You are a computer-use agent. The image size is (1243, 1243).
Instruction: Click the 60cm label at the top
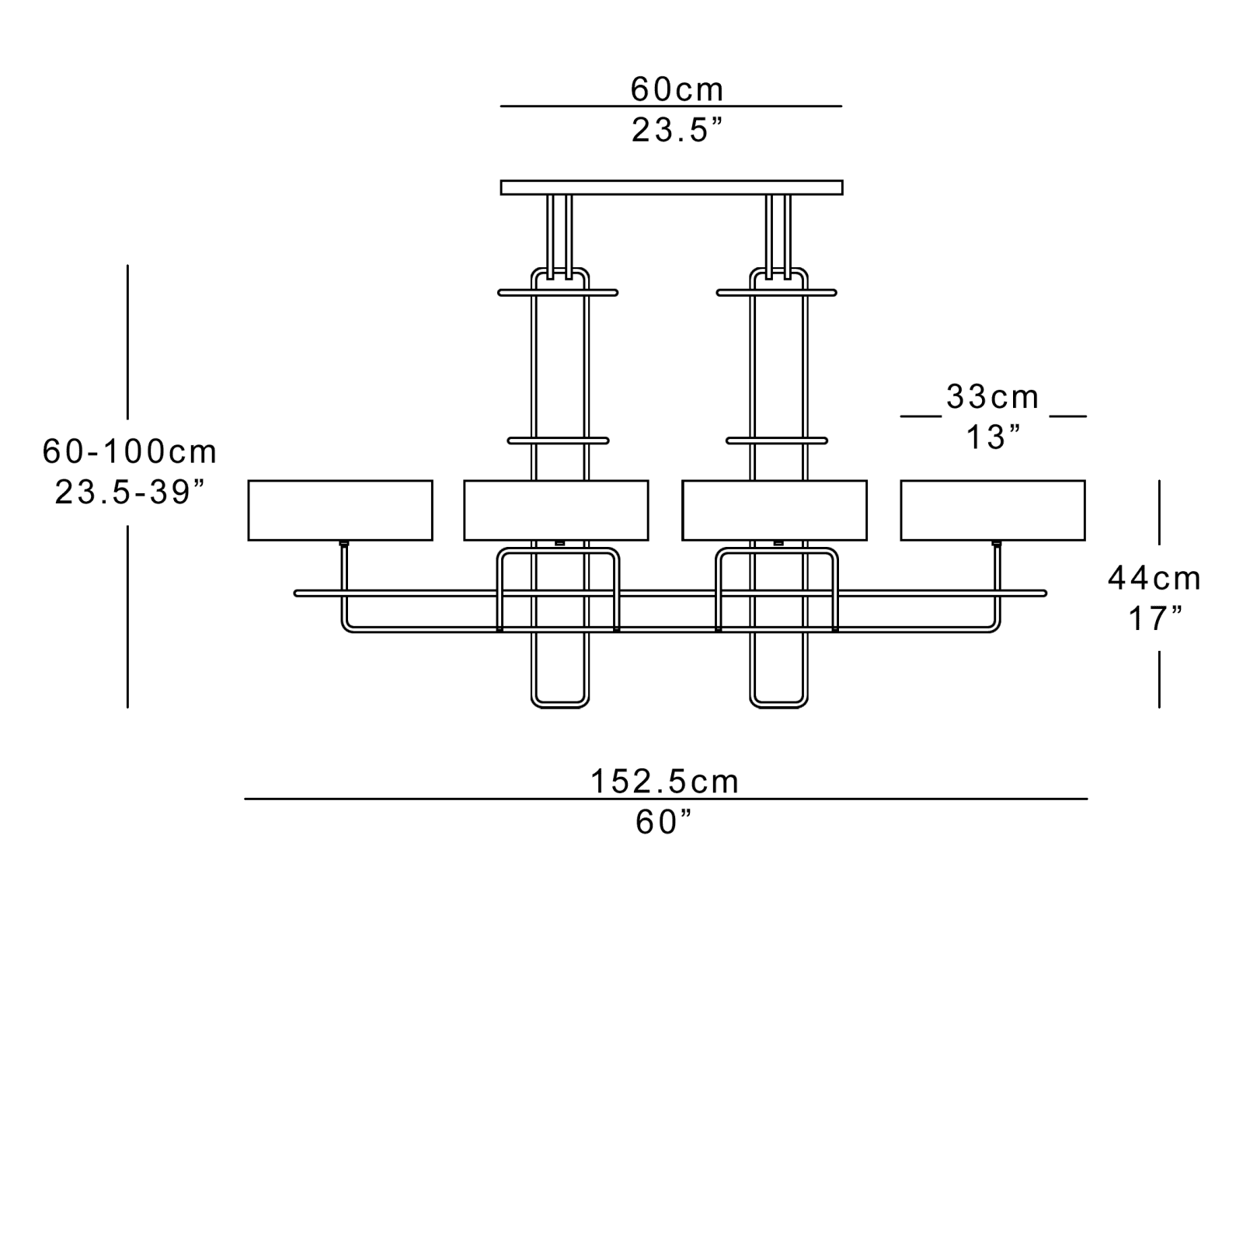coord(677,90)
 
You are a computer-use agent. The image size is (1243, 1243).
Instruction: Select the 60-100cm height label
coord(130,452)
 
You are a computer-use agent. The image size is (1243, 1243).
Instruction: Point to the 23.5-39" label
coord(130,493)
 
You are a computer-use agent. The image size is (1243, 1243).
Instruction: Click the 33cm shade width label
coord(992,398)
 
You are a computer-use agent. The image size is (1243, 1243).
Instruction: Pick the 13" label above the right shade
coord(992,438)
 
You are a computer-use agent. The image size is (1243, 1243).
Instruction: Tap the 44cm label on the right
coord(1154,579)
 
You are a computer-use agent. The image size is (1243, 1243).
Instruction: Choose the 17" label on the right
coord(1154,619)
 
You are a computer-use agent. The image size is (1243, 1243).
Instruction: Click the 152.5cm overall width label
coord(665,782)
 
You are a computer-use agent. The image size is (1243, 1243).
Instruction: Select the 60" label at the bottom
coord(663,823)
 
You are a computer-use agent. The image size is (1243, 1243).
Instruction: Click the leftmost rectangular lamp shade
coord(340,510)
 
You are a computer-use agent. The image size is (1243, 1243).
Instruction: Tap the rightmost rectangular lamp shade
coord(993,510)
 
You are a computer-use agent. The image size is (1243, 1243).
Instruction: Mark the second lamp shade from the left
coord(556,510)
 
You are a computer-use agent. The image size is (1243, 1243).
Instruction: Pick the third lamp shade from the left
coord(775,510)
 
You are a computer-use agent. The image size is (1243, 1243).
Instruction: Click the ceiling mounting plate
coord(671,187)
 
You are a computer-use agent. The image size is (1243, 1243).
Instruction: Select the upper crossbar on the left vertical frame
coord(558,293)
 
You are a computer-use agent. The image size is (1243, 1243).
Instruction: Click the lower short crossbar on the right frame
coord(777,440)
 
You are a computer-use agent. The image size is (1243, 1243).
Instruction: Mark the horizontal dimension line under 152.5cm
coord(466,799)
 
